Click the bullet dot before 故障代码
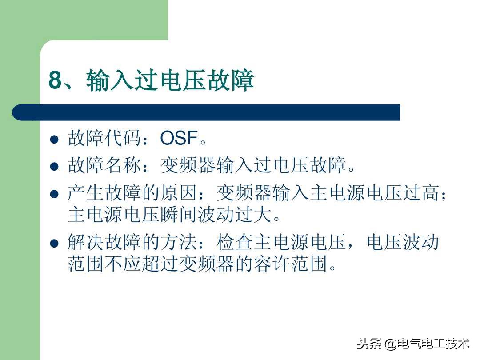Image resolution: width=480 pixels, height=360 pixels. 54,140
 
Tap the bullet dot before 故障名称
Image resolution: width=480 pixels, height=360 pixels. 54,167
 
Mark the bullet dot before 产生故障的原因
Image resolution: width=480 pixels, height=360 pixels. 54,194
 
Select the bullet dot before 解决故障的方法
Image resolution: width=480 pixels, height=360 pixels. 54,243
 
